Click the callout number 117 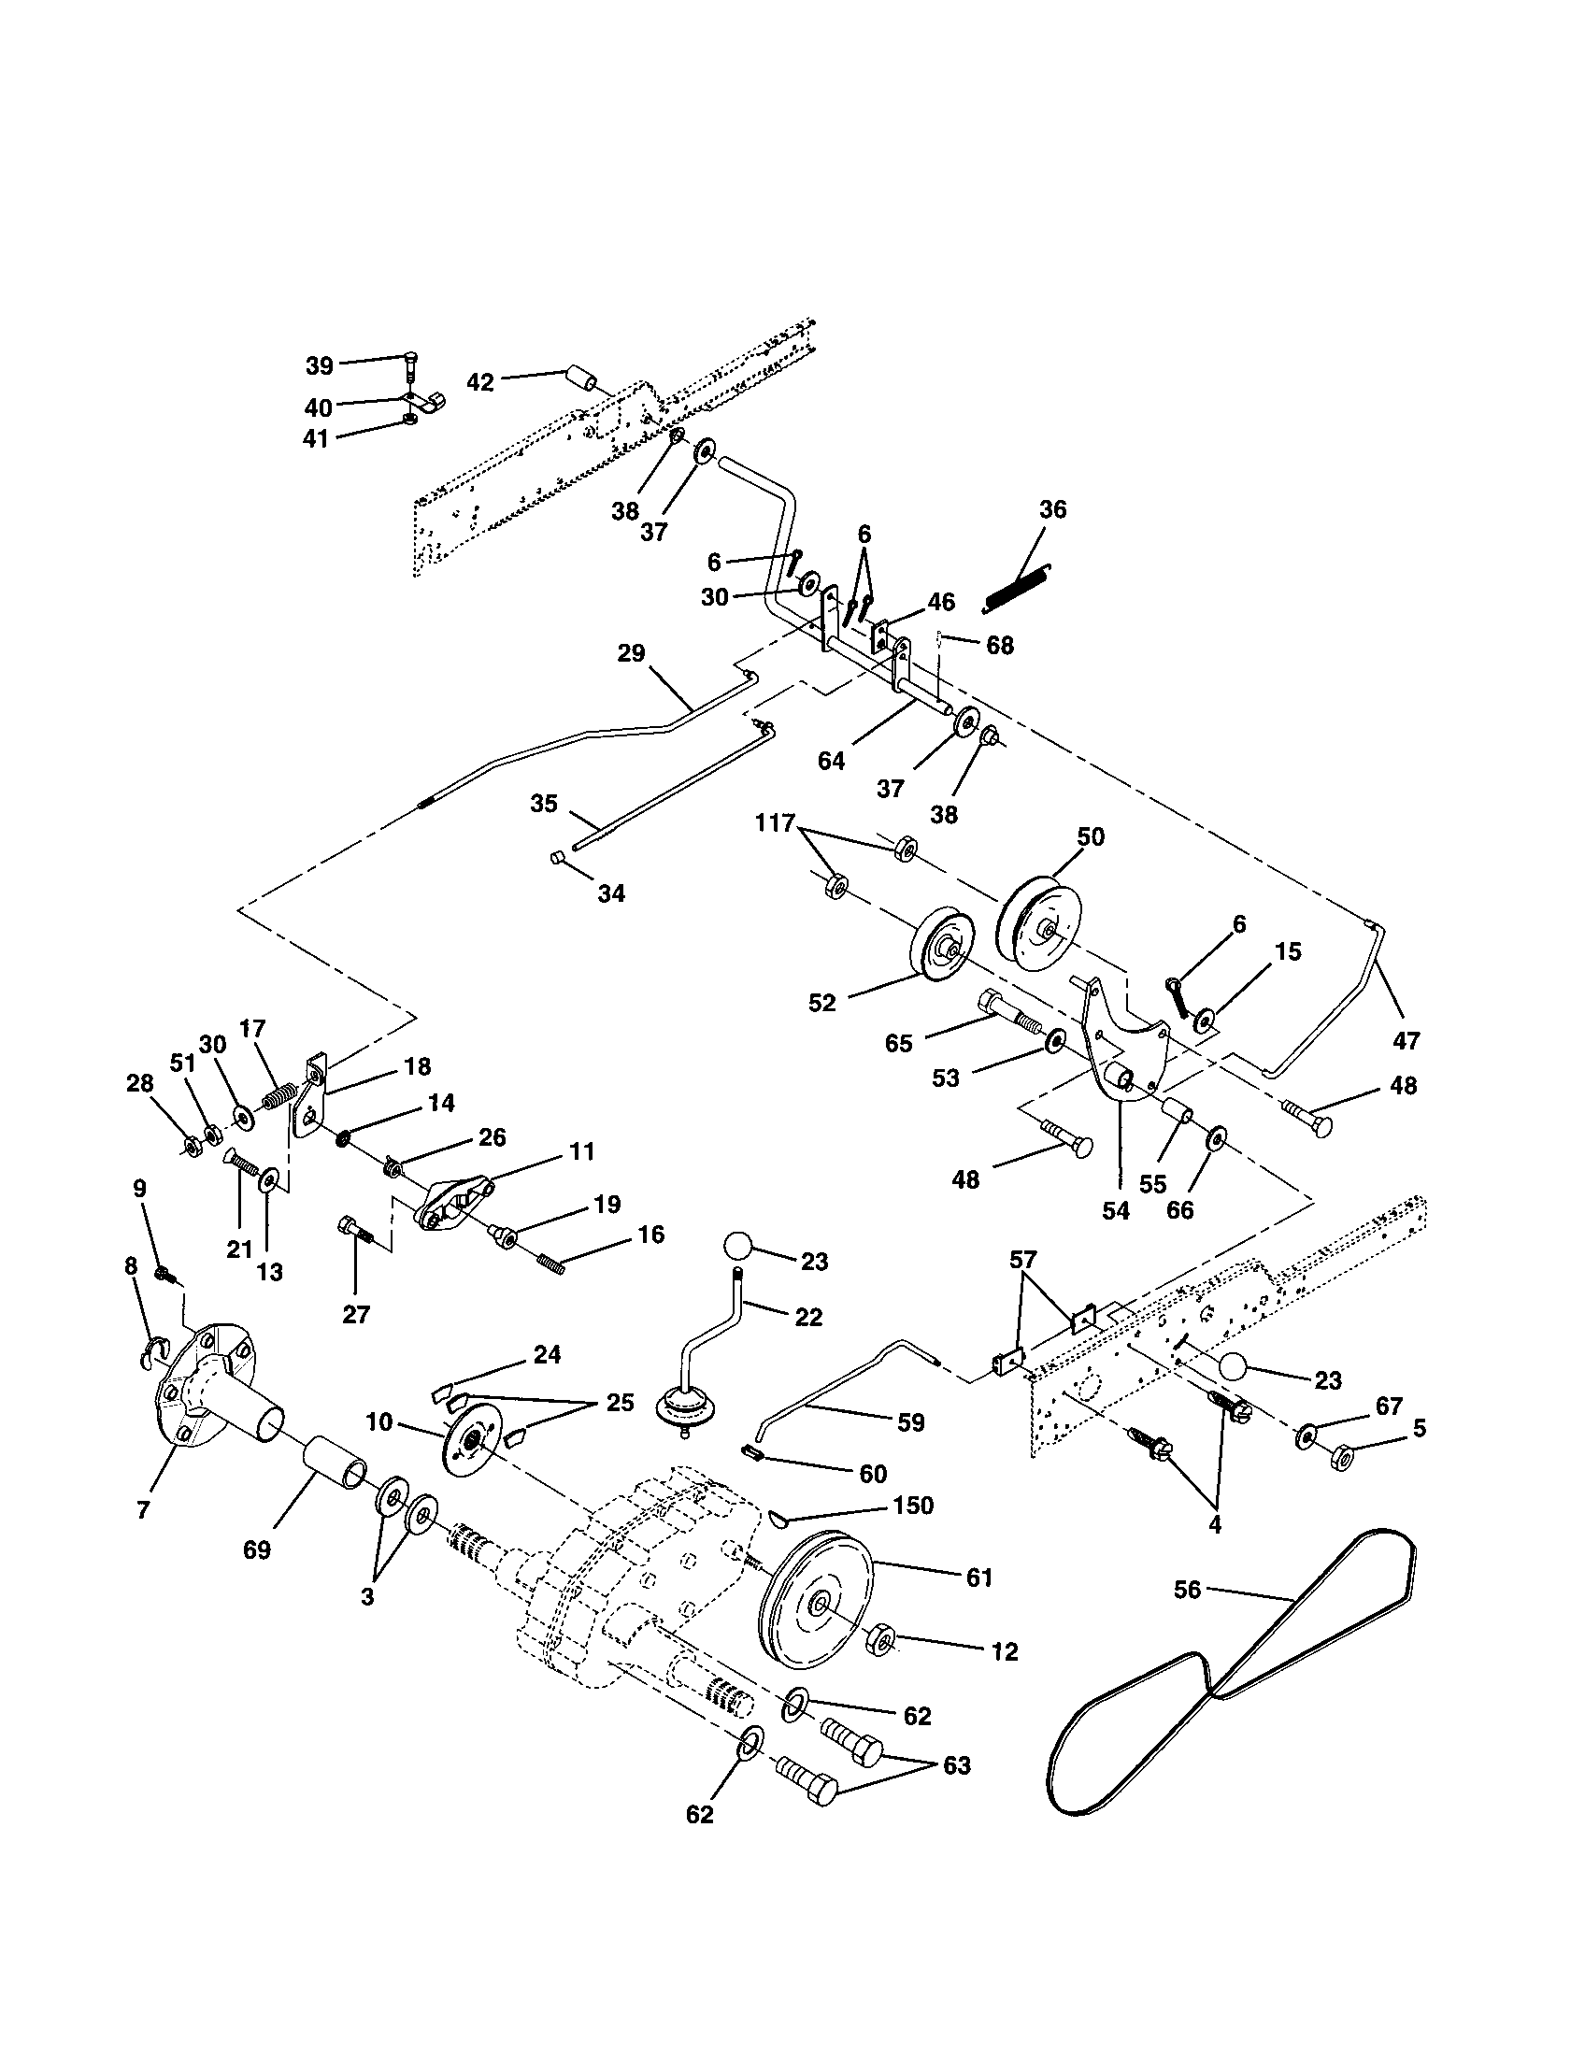pyautogui.click(x=774, y=821)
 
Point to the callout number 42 pyautogui.click(x=480, y=382)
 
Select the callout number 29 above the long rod pyautogui.click(x=631, y=652)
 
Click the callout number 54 pyautogui.click(x=1115, y=1210)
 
